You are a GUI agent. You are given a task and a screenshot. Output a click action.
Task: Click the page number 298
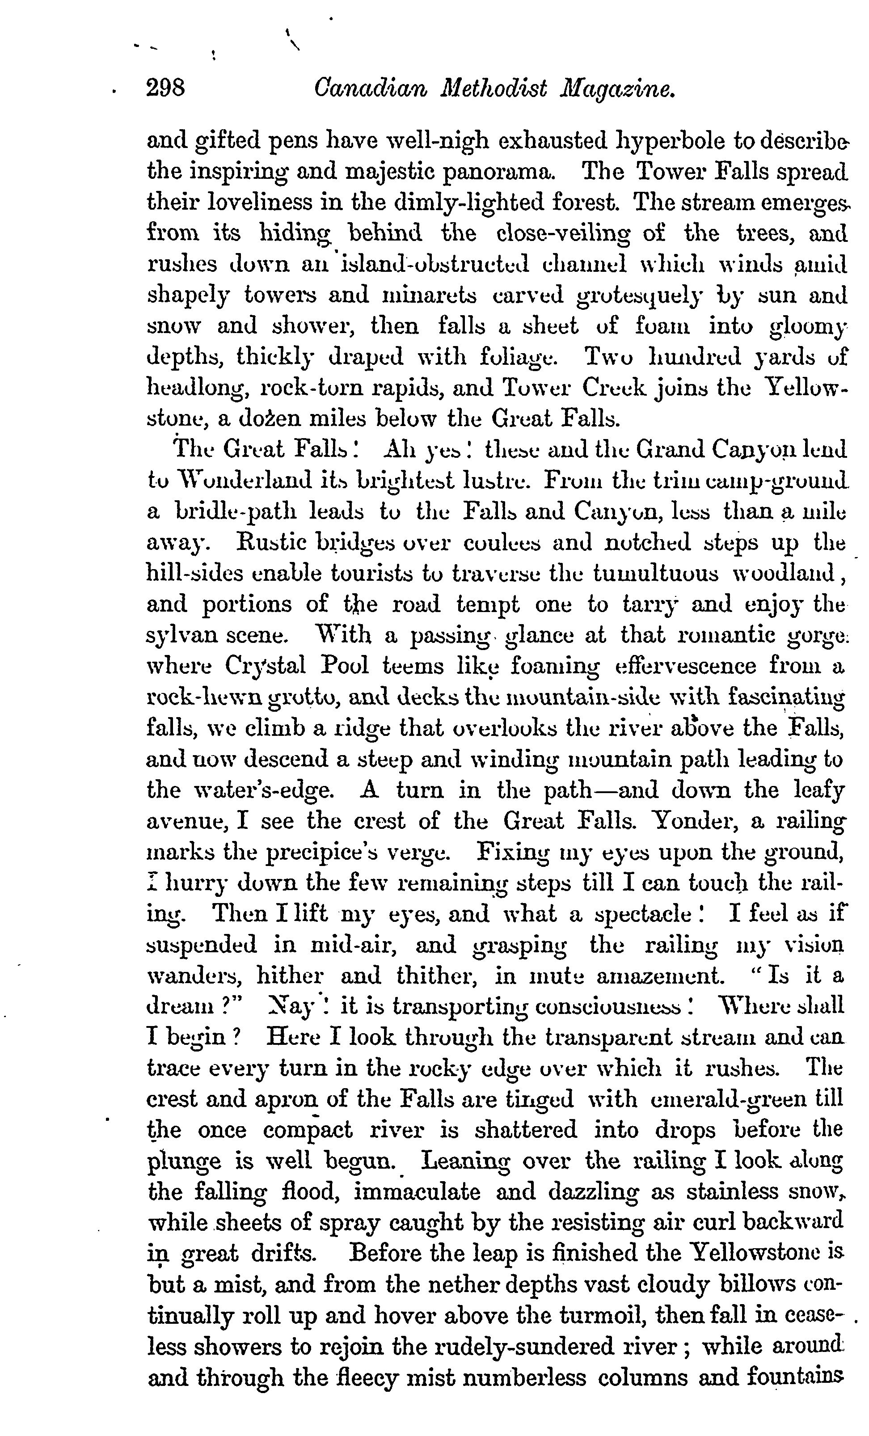click(x=165, y=88)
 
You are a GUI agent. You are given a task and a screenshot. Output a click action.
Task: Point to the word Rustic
click(x=267, y=542)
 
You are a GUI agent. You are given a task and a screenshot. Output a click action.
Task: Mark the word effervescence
click(x=687, y=666)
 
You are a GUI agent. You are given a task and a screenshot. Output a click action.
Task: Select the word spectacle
click(x=642, y=913)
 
